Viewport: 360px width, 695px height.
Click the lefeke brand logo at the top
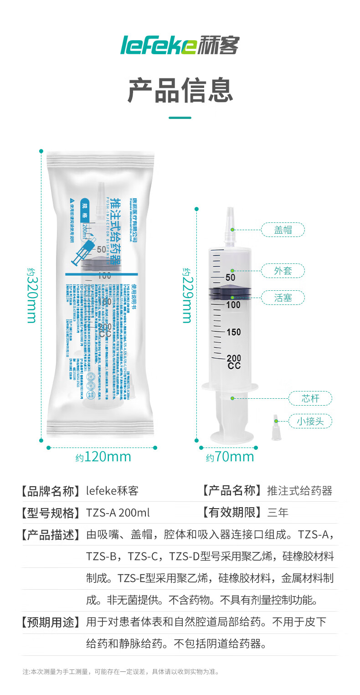pos(180,45)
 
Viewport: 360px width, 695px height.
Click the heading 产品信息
pos(180,90)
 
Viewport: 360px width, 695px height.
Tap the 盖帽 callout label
pos(283,230)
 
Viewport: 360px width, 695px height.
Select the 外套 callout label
pos(283,271)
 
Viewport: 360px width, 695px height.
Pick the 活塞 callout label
pos(283,298)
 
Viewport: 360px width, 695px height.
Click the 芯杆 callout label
pos(310,398)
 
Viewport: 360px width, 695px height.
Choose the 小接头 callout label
pos(310,421)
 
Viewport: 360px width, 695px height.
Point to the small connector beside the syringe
pos(276,427)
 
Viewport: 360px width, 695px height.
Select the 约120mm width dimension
pos(103,457)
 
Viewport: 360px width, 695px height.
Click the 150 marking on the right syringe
pos(234,332)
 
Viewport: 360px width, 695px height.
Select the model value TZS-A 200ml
pos(118,513)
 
